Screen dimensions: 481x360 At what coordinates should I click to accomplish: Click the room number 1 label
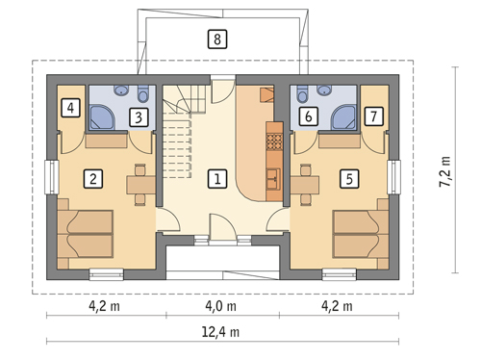click(x=217, y=179)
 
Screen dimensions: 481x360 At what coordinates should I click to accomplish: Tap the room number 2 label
click(x=93, y=179)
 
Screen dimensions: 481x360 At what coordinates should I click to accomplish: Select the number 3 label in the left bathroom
click(x=139, y=117)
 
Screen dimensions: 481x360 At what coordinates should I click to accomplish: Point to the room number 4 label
click(x=70, y=108)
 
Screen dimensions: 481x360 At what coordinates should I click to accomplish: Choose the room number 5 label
click(x=349, y=179)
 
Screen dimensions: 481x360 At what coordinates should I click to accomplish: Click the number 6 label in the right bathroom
click(x=309, y=116)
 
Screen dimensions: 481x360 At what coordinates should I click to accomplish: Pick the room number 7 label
click(x=374, y=116)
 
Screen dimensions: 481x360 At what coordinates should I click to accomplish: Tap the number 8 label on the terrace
click(x=217, y=39)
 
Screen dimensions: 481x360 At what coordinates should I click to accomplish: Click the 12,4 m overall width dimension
click(x=220, y=332)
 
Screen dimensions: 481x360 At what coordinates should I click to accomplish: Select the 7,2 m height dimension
click(x=445, y=171)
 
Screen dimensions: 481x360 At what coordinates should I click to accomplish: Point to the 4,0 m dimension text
click(x=220, y=306)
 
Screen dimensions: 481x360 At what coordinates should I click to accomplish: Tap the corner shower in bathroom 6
click(x=343, y=117)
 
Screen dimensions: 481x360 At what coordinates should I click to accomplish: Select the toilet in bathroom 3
click(x=142, y=93)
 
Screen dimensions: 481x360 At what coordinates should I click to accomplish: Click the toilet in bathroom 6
click(x=302, y=93)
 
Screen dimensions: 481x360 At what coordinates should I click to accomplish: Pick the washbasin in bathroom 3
click(x=121, y=90)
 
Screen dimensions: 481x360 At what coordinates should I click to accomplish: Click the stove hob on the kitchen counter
click(x=274, y=141)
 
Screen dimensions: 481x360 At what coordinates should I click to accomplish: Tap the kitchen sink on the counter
click(x=274, y=178)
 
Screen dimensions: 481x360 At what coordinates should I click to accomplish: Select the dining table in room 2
click(x=141, y=185)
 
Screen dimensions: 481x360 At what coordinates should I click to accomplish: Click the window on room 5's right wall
click(x=393, y=177)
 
